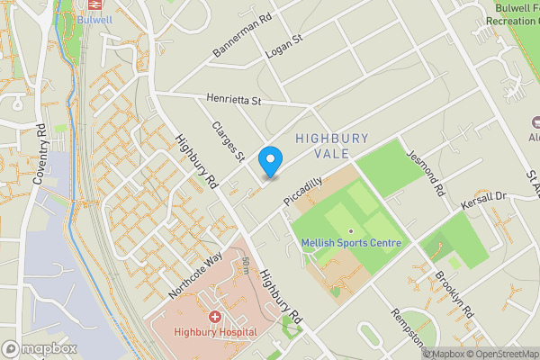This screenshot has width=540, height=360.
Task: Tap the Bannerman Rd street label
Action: tap(242, 37)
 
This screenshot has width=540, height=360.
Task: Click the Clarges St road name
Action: tap(229, 142)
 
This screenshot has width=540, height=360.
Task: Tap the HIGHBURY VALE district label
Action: tap(332, 146)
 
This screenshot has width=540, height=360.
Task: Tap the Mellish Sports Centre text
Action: tap(352, 243)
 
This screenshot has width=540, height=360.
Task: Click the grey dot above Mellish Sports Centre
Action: tap(352, 230)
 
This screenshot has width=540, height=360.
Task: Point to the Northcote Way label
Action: tap(194, 275)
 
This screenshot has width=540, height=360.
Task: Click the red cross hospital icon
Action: tap(216, 318)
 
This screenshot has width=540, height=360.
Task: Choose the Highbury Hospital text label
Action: tap(216, 332)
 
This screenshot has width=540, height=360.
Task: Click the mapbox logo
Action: tap(39, 348)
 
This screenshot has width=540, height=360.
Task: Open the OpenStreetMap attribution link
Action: tap(498, 354)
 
